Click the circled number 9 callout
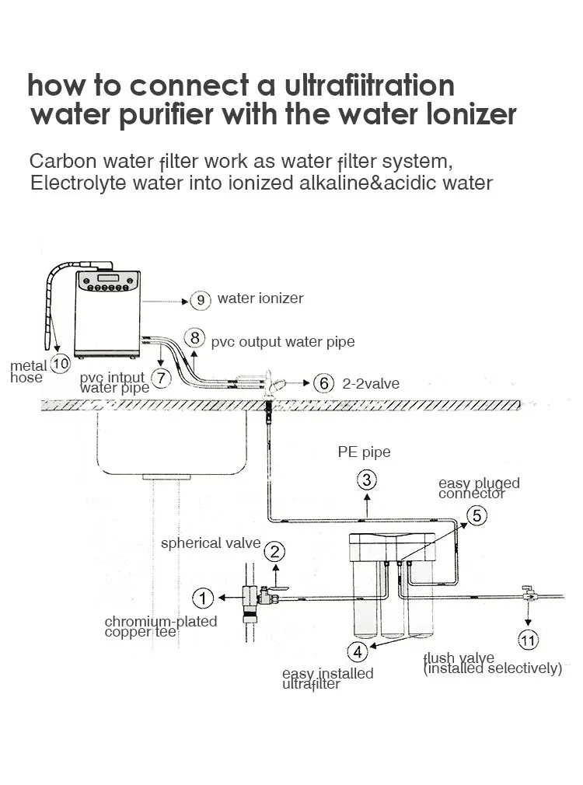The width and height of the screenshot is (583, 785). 200,300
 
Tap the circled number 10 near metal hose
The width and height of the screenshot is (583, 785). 59,362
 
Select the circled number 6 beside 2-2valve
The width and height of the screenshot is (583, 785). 325,383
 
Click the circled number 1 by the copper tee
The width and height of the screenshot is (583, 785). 203,598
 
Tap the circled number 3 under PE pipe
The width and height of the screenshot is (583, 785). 368,479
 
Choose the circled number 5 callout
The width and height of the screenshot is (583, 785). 477,515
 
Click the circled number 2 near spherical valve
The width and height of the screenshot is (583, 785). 274,552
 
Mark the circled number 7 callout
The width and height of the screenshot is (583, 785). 160,378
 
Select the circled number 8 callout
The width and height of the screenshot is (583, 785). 194,339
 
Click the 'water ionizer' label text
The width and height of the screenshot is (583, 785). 260,298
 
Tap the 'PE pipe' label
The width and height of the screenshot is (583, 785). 364,452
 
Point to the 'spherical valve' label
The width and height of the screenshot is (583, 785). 211,543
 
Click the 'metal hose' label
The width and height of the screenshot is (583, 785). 26,372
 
